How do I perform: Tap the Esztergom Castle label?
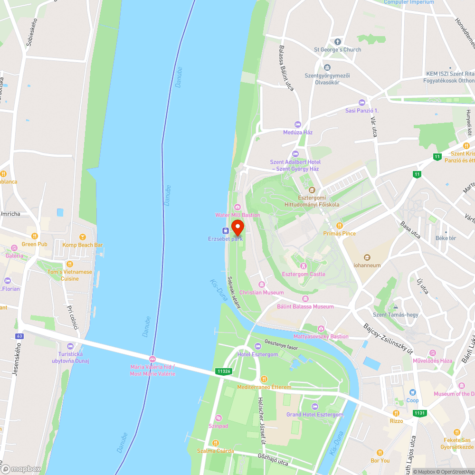click(304, 274)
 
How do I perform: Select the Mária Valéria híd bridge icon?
click(152, 359)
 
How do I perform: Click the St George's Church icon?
click(337, 42)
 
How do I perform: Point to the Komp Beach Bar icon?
click(82, 237)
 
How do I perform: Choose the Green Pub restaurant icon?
click(35, 236)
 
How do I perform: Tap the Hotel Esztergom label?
click(258, 354)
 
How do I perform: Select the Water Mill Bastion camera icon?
click(237, 207)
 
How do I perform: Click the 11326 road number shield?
click(223, 371)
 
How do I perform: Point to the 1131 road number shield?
click(419, 413)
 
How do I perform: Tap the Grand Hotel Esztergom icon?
click(314, 407)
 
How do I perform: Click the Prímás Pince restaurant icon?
click(339, 225)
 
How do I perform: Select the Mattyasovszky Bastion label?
click(321, 336)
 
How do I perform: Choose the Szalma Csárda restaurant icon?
click(216, 443)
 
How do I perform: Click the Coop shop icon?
click(412, 392)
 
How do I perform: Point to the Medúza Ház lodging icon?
click(298, 124)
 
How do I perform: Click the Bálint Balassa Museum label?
click(305, 306)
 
